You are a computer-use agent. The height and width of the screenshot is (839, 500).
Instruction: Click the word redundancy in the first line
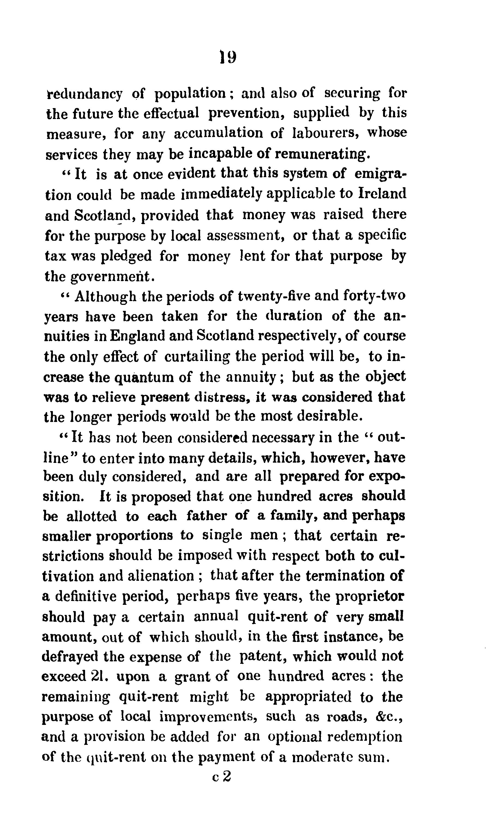point(84,94)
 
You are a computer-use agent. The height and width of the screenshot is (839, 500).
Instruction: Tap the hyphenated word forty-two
point(374,296)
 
